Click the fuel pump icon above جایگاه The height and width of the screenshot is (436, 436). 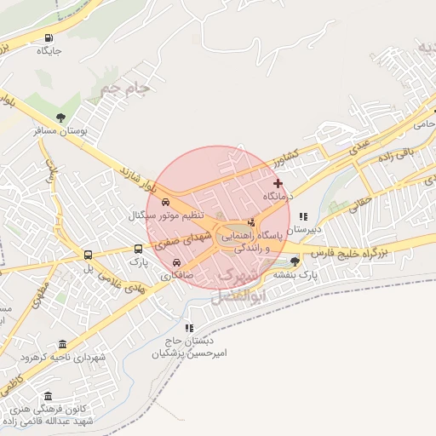coord(47,37)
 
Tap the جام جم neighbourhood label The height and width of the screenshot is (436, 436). coord(124,87)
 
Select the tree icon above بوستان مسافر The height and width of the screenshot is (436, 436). coord(60,118)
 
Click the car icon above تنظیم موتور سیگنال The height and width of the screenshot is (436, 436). coord(166,203)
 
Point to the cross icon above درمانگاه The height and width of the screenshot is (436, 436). coord(278,183)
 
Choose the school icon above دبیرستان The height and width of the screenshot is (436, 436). coord(303,216)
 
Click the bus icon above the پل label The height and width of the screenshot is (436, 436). coord(88,255)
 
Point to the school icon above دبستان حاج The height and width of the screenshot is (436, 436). coord(189,328)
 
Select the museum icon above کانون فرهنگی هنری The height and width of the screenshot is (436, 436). coord(48,397)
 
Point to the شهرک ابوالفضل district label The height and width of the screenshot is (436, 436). coord(230,286)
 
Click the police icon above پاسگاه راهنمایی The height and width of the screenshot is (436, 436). coord(250,221)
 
